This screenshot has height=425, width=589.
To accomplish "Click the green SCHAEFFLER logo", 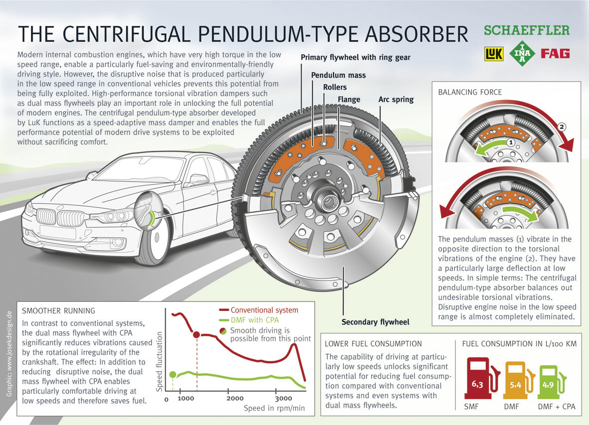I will (527, 31).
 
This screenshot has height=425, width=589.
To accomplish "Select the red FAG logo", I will (555, 53).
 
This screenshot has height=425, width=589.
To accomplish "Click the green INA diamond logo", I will (523, 52).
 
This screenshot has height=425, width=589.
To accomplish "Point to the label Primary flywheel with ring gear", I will (355, 58).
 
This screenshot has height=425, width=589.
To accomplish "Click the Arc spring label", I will (395, 100).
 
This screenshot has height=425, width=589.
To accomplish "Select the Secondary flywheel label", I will (375, 322).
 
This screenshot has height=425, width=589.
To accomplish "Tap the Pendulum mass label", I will (338, 75).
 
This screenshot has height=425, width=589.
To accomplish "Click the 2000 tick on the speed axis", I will (235, 399).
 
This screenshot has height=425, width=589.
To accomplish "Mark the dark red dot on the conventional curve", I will (196, 334).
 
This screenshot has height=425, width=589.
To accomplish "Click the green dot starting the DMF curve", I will (173, 375).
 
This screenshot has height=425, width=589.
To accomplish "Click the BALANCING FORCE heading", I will (469, 92).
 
